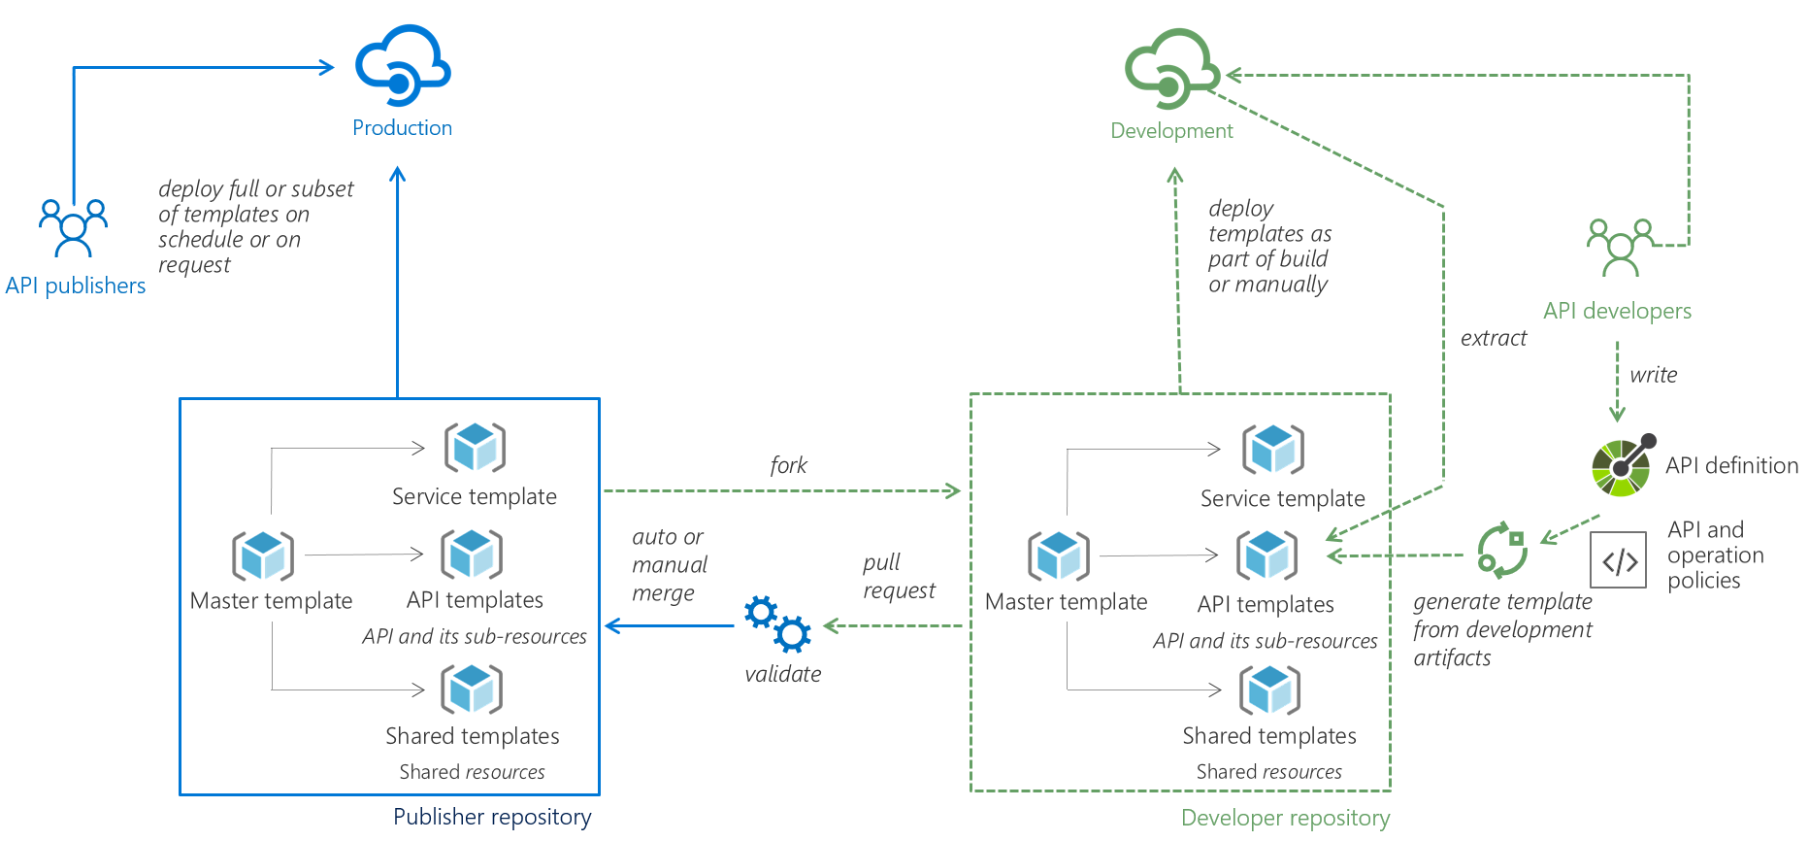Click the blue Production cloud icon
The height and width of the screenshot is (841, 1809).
pyautogui.click(x=402, y=66)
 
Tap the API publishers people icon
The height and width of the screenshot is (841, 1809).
pyautogui.click(x=73, y=227)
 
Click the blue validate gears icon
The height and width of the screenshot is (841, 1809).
pyautogui.click(x=777, y=623)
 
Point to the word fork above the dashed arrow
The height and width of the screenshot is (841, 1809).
pyautogui.click(x=788, y=465)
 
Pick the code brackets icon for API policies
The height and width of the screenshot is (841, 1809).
pyautogui.click(x=1619, y=560)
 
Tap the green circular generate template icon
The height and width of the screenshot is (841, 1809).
pyautogui.click(x=1501, y=550)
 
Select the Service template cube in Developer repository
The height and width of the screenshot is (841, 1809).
pyautogui.click(x=1272, y=450)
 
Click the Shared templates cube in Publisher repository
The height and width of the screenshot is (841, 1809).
pyautogui.click(x=472, y=690)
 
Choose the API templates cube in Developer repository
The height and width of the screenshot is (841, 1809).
pyautogui.click(x=1266, y=555)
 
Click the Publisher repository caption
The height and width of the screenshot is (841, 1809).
pyautogui.click(x=492, y=817)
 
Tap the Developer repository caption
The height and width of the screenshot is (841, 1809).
pyautogui.click(x=1285, y=818)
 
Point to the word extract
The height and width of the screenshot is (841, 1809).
pyautogui.click(x=1493, y=338)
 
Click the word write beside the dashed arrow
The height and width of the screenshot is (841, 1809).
pyautogui.click(x=1653, y=375)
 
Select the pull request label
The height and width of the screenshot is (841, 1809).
pyautogui.click(x=899, y=576)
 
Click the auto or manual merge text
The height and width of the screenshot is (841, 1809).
pyautogui.click(x=669, y=564)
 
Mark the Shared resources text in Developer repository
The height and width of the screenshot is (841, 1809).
pyautogui.click(x=1268, y=772)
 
